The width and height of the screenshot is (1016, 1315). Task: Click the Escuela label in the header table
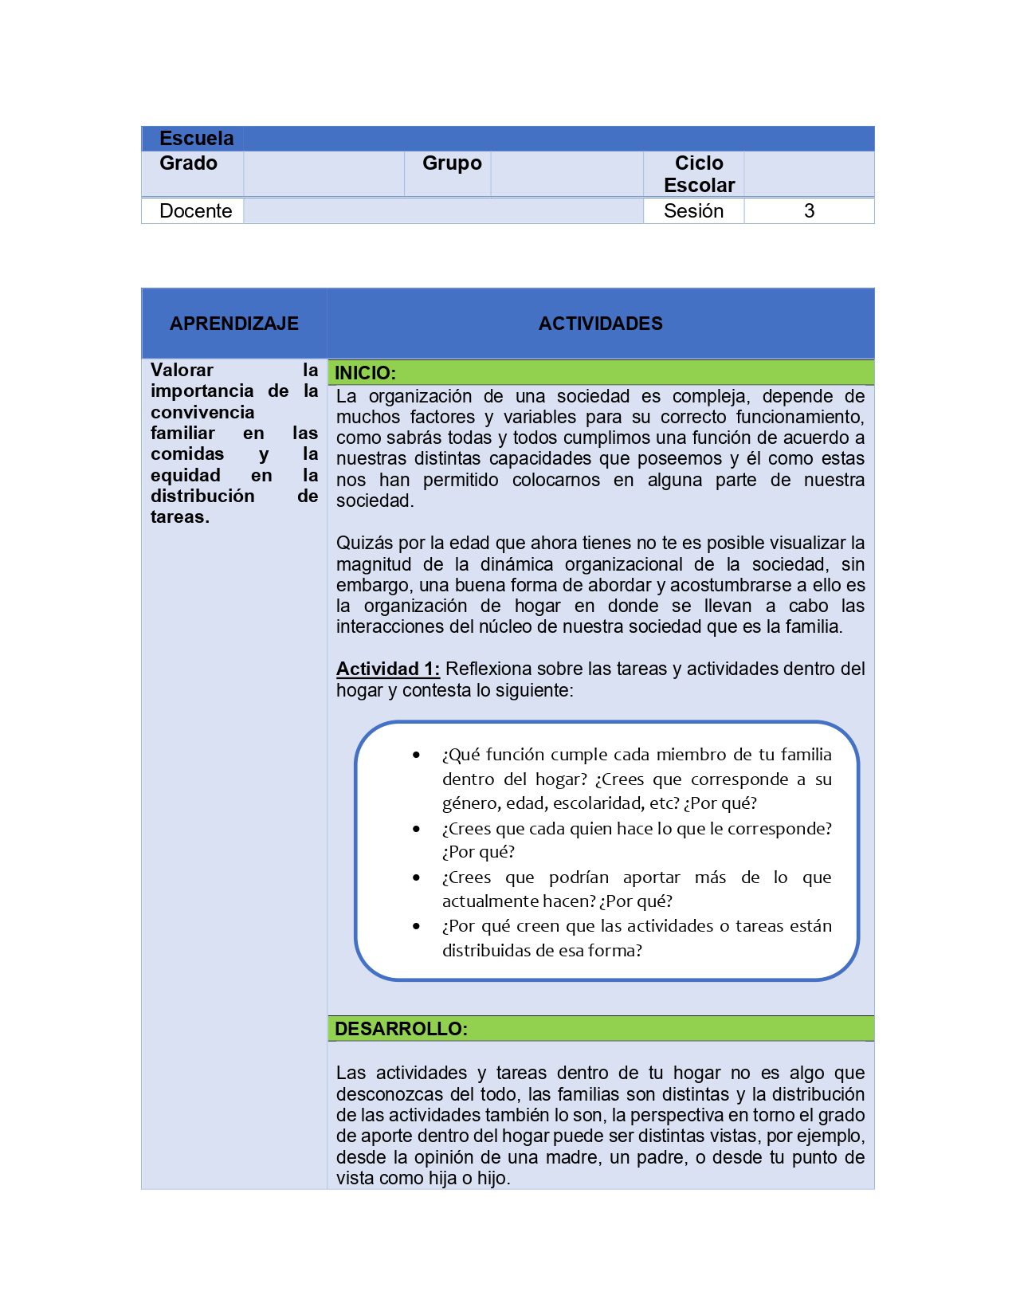click(x=196, y=139)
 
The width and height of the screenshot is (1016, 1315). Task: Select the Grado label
click(x=188, y=163)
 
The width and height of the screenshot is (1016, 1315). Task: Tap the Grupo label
click(x=452, y=163)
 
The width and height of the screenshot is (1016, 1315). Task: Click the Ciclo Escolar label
click(x=699, y=175)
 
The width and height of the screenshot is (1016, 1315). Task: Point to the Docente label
click(x=195, y=211)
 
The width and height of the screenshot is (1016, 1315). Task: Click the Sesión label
click(x=693, y=211)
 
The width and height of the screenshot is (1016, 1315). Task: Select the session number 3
click(x=809, y=211)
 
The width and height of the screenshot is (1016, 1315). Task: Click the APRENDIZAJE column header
click(x=234, y=324)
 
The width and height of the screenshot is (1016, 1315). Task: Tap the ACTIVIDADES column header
click(x=600, y=324)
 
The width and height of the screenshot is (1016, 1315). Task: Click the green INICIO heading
click(x=365, y=373)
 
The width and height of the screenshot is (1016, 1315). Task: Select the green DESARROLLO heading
click(x=401, y=1029)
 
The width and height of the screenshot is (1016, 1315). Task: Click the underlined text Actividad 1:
click(x=387, y=669)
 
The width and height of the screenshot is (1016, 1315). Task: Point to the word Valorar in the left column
click(x=182, y=370)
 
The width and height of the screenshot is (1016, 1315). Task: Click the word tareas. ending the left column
click(x=180, y=517)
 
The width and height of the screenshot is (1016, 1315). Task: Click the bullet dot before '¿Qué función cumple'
click(x=416, y=755)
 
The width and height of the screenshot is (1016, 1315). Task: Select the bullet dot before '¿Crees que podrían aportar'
click(x=416, y=877)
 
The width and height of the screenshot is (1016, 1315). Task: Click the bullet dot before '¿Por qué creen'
click(x=416, y=926)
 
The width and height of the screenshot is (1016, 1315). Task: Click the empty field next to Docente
click(x=443, y=211)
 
